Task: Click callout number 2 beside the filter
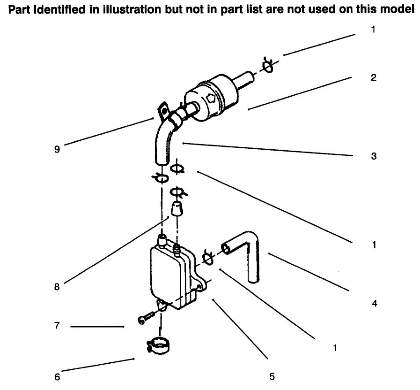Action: tap(373, 78)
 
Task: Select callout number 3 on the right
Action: tap(373, 156)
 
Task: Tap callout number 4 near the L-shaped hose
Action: tap(374, 303)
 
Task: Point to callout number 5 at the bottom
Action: tap(272, 376)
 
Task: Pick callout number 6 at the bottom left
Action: tap(57, 377)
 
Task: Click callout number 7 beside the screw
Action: tap(57, 326)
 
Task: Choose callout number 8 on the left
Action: tap(57, 287)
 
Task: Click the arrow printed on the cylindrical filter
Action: tap(210, 99)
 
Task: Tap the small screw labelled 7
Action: tap(146, 319)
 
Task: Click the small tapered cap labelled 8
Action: tap(176, 208)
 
